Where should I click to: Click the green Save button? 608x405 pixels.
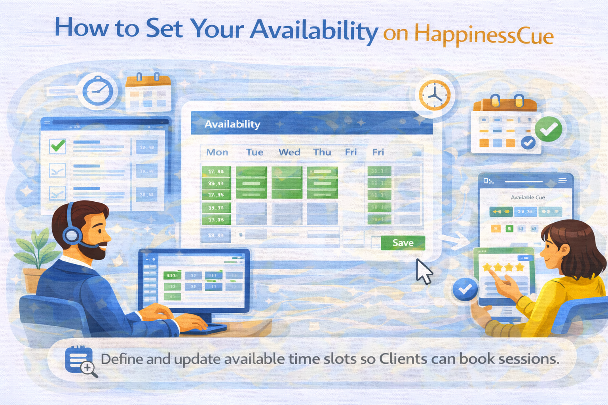[x=403, y=243]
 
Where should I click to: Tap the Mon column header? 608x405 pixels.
[x=217, y=152]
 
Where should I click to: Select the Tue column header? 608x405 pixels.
[x=255, y=152]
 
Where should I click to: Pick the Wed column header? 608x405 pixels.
[x=289, y=152]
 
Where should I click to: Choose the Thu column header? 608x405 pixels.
[x=322, y=152]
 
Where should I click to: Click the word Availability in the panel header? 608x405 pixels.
[x=232, y=124]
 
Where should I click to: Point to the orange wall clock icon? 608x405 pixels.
[x=435, y=95]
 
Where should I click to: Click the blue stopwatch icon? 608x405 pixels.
[x=98, y=91]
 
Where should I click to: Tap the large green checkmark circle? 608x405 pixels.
[x=548, y=129]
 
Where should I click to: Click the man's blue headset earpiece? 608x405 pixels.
[x=72, y=235]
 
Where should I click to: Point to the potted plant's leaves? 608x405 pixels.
[x=38, y=249]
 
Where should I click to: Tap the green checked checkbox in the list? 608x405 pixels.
[x=58, y=146]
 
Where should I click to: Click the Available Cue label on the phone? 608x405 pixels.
[x=528, y=197]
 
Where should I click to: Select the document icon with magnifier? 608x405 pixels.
[x=81, y=361]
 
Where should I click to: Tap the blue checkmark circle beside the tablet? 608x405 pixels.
[x=465, y=289]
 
